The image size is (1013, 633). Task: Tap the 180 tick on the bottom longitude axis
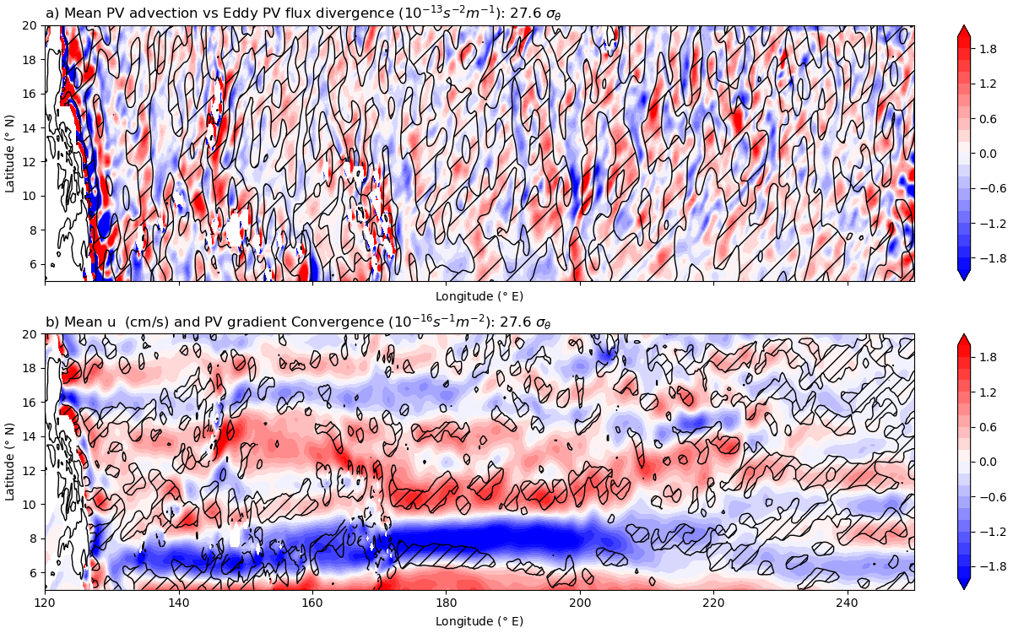pyautogui.click(x=446, y=604)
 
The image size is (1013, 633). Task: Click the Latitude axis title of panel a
pyautogui.click(x=10, y=153)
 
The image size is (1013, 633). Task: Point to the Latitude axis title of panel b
pyautogui.click(x=10, y=462)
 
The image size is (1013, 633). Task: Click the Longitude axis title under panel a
pyautogui.click(x=479, y=296)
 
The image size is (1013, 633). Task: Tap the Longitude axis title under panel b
pyautogui.click(x=479, y=621)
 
